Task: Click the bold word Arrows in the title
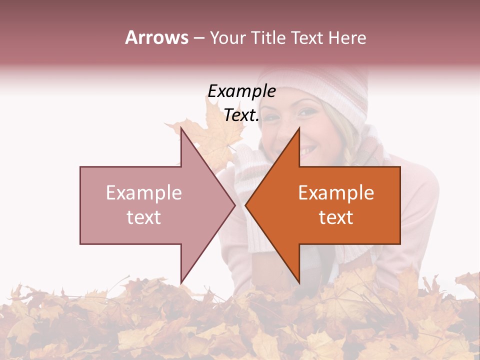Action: pos(156,37)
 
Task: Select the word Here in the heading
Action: pos(347,37)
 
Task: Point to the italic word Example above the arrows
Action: pos(241,91)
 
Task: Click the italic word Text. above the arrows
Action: pos(241,115)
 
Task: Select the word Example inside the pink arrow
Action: pos(144,193)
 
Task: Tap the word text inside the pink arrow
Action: pos(144,217)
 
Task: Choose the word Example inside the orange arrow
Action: pos(336,193)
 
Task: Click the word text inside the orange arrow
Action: pos(336,217)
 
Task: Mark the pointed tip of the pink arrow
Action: pos(235,205)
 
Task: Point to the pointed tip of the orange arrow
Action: pos(245,205)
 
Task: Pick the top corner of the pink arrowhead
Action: pos(181,128)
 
